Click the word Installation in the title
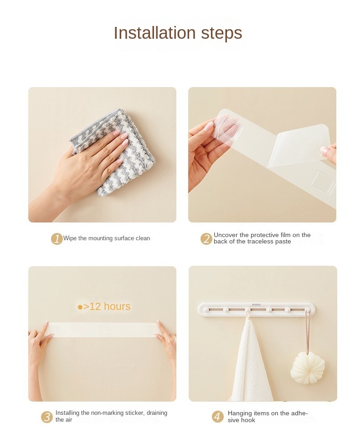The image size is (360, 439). (154, 33)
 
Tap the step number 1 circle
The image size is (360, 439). (57, 239)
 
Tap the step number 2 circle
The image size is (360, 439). (206, 239)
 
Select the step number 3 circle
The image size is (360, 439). (47, 417)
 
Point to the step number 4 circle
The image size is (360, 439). (217, 417)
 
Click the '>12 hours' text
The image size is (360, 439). (107, 306)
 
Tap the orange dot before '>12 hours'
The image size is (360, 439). (80, 307)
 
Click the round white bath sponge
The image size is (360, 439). (308, 368)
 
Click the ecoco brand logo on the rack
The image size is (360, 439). (256, 305)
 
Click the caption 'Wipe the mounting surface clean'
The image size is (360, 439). (106, 238)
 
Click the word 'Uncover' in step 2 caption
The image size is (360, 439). (226, 235)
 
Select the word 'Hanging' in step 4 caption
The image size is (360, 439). (240, 413)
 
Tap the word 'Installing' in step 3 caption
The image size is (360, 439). (67, 413)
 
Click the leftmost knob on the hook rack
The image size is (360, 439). (206, 310)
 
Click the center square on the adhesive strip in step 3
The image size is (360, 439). (103, 330)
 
